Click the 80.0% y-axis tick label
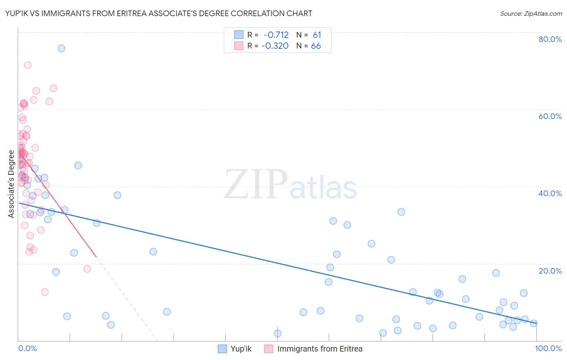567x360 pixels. point(550,39)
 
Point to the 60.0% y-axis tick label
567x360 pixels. point(550,116)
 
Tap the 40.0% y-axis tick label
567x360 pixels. point(550,193)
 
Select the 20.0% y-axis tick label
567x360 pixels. point(550,270)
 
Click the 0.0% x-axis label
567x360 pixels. point(27,348)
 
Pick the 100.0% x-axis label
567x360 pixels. point(548,348)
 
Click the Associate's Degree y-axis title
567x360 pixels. point(11,184)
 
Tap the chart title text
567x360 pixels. point(158,14)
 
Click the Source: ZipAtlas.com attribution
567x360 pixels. point(531,14)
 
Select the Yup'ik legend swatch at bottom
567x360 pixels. point(222,349)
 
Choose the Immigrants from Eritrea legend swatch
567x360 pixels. point(269,349)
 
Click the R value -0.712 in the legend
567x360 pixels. point(276,35)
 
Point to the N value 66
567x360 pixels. point(316,46)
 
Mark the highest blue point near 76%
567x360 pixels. point(61,48)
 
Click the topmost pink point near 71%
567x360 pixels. point(28,65)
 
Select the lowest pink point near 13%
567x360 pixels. point(45,292)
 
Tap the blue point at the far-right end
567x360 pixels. point(534,323)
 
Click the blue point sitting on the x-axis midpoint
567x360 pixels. point(277,333)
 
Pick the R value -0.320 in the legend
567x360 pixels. point(275,46)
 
